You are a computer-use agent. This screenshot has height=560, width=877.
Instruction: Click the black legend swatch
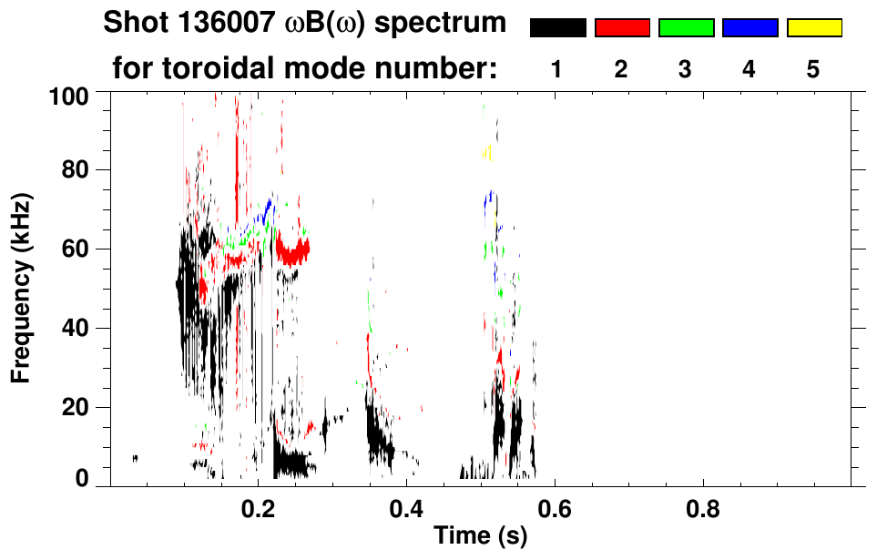pos(557,28)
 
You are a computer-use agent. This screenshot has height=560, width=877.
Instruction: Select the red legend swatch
pos(622,28)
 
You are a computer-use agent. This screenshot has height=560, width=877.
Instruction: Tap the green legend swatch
pos(686,28)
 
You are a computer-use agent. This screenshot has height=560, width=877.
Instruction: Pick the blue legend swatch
pos(750,28)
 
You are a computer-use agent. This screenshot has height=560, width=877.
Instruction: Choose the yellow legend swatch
pos(813,28)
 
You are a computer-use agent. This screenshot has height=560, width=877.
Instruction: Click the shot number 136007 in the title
pos(212,23)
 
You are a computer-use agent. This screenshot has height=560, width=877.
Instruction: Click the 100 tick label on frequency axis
pos(71,94)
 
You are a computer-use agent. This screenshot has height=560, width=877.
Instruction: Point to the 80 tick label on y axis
pos(76,170)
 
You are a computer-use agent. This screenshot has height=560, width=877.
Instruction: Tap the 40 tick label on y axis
pos(76,328)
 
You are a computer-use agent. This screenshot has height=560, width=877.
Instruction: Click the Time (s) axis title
pos(479,536)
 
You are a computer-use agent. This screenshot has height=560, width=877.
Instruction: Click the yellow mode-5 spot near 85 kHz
pos(487,151)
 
